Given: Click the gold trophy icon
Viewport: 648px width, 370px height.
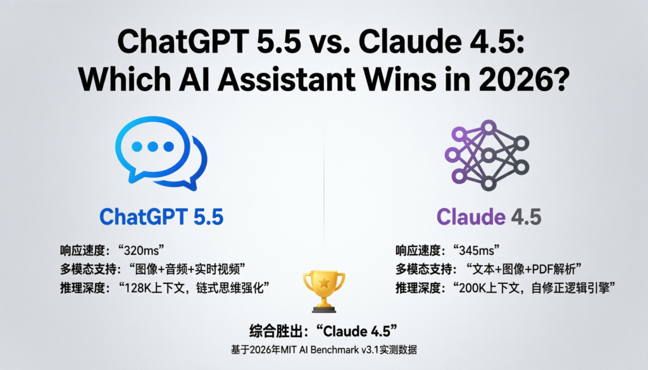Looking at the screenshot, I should [x=323, y=290].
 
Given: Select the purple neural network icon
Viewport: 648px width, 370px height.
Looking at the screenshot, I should [x=487, y=156].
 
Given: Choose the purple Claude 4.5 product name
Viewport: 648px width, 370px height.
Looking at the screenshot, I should [x=489, y=218].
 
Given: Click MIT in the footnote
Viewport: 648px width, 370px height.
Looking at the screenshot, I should [x=311, y=350].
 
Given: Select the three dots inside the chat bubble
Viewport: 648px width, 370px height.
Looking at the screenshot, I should [x=151, y=147].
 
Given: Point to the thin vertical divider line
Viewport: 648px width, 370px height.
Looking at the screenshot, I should [x=324, y=190].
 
